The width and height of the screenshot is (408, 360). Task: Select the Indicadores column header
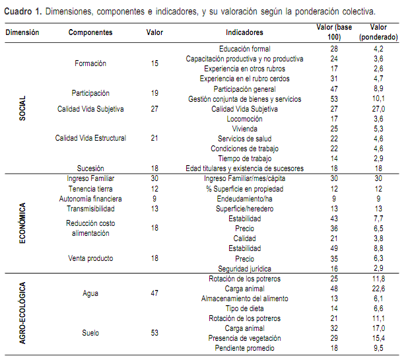tap(244, 32)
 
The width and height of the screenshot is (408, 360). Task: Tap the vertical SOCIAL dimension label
tap(22, 108)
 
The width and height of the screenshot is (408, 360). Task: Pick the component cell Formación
tap(91, 63)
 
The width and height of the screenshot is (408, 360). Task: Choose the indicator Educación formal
tap(244, 50)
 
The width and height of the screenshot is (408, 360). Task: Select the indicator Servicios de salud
tap(244, 139)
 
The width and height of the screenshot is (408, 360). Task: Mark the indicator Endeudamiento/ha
tap(244, 198)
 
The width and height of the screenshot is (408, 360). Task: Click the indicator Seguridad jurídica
tap(244, 268)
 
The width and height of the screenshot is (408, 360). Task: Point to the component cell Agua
tap(90, 293)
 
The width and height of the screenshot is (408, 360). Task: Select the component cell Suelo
tap(90, 333)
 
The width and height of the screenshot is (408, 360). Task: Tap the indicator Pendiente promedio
tap(244, 348)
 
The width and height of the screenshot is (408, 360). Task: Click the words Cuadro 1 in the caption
tap(23, 11)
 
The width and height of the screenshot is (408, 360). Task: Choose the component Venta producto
tap(90, 258)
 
